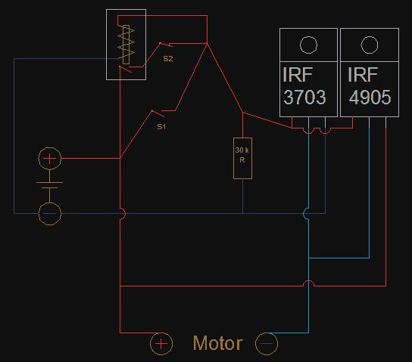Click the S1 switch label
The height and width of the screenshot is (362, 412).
point(161,127)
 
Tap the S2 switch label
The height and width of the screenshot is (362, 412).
point(168,58)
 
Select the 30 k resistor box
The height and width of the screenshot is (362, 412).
point(242,158)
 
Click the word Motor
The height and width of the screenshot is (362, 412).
point(218,343)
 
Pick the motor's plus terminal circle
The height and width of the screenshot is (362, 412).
point(161,333)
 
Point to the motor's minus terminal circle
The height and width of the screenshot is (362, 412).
point(267,333)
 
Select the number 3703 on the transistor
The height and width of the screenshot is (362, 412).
point(304,97)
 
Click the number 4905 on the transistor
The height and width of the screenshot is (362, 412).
point(370,97)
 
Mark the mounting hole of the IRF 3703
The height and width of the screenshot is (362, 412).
point(308,36)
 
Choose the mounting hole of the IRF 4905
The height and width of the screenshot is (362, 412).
point(370,36)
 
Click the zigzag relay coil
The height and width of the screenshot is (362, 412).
point(126,45)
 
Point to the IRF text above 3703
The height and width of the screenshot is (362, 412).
point(298,75)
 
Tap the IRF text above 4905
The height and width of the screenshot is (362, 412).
point(363,75)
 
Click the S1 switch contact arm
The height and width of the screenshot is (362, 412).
point(158,113)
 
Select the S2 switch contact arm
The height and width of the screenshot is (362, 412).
point(166,45)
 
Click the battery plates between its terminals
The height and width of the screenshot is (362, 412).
point(49,185)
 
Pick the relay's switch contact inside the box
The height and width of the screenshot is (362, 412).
point(125,70)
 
